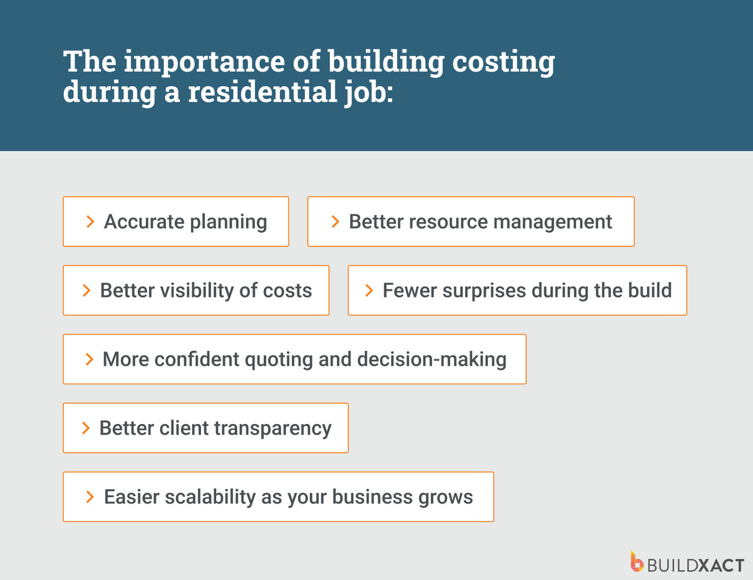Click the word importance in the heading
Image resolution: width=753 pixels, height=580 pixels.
point(204,61)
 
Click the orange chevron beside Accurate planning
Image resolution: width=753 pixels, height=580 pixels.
point(90,222)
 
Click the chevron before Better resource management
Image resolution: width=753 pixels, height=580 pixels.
point(335,222)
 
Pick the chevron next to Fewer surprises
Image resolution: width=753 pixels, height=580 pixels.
point(369,290)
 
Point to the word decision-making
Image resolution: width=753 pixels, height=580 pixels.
point(432,360)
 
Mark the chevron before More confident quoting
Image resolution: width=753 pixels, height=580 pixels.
point(89,359)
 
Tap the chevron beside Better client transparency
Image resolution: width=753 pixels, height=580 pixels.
point(86,428)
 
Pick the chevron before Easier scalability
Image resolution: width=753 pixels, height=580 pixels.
point(90,497)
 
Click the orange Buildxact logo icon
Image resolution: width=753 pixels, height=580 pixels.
point(636,562)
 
